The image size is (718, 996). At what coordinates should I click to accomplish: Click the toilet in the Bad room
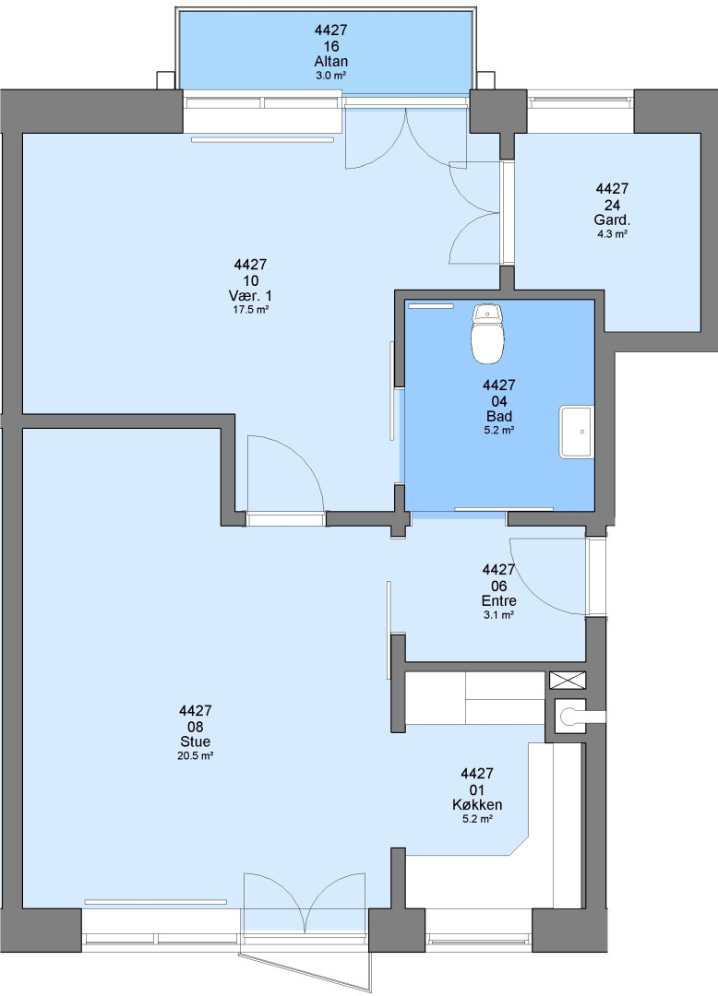(488, 334)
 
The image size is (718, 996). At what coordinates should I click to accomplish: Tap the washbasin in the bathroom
(576, 432)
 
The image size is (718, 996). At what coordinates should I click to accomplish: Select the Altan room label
(331, 62)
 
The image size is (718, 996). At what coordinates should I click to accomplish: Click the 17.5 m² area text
(250, 310)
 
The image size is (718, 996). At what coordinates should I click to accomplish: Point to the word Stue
(195, 741)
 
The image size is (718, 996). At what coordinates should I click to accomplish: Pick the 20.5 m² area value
(195, 756)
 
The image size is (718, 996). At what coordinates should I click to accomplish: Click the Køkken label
(477, 805)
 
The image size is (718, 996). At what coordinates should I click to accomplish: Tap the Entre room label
(498, 601)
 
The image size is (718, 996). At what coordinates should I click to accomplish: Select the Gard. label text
(612, 220)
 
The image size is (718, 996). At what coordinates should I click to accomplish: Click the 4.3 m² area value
(612, 233)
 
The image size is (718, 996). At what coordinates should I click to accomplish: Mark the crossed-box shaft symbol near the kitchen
(568, 681)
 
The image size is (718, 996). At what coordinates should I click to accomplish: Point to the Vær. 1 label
(250, 296)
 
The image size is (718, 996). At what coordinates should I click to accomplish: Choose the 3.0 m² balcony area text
(331, 76)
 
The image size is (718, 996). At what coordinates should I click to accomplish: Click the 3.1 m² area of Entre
(498, 615)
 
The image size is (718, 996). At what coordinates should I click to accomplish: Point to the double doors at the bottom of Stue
(305, 902)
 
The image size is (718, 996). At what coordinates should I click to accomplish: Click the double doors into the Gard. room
(474, 212)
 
